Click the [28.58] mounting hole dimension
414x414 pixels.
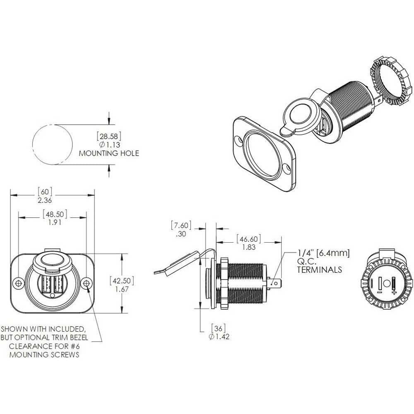click(109, 137)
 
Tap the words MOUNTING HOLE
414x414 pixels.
click(109, 153)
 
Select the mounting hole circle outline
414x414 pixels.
click(32, 144)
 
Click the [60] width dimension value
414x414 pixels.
click(45, 192)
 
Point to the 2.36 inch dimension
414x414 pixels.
click(45, 200)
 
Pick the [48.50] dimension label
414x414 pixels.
click(55, 214)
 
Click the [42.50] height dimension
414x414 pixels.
click(122, 281)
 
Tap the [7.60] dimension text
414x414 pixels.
click(181, 225)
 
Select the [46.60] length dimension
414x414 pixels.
click(248, 239)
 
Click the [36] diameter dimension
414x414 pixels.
click(218, 328)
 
